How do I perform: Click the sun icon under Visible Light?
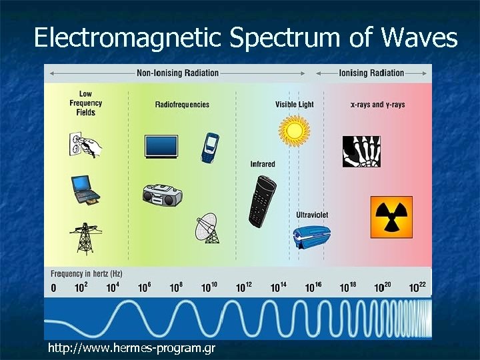pyautogui.click(x=293, y=129)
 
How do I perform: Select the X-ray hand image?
pyautogui.click(x=361, y=151)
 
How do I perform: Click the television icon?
pyautogui.click(x=161, y=146)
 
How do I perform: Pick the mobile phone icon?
pyautogui.click(x=210, y=147)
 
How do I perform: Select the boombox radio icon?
pyautogui.click(x=162, y=195)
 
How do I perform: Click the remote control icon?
pyautogui.click(x=261, y=201)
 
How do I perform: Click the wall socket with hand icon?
pyautogui.click(x=85, y=143)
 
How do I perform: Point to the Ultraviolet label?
pyautogui.click(x=312, y=215)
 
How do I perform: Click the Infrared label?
pyautogui.click(x=263, y=164)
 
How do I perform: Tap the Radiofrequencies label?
pyautogui.click(x=182, y=105)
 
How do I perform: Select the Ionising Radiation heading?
pyautogui.click(x=371, y=73)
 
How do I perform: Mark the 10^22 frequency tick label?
pyautogui.click(x=417, y=287)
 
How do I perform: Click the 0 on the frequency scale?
pyautogui.click(x=54, y=288)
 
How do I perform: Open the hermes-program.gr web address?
pyautogui.click(x=131, y=348)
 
